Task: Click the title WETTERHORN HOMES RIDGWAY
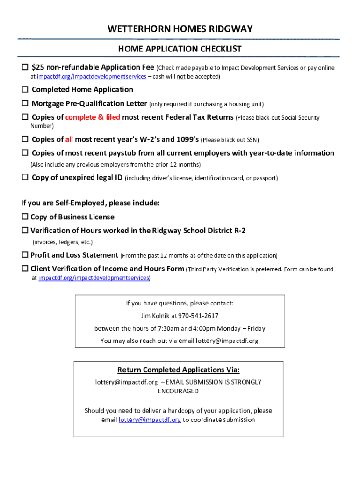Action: click(180, 29)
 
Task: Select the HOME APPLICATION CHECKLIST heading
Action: click(180, 49)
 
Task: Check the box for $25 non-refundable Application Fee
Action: click(25, 68)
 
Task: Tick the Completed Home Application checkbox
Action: click(25, 89)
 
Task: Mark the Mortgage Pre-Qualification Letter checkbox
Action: click(25, 103)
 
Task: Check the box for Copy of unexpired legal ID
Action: click(25, 178)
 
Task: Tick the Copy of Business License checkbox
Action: click(25, 217)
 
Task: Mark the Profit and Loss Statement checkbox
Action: click(25, 255)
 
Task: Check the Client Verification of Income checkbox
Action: click(25, 269)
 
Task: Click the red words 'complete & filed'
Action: click(93, 117)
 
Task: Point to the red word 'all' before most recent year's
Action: click(69, 139)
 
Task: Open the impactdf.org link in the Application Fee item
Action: click(92, 76)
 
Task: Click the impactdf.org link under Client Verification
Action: click(94, 278)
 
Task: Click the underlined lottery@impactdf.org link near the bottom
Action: click(150, 420)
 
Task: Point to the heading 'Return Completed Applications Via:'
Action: click(178, 370)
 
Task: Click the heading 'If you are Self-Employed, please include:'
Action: click(90, 203)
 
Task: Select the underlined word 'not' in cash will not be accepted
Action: click(181, 76)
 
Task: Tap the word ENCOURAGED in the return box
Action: click(178, 391)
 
